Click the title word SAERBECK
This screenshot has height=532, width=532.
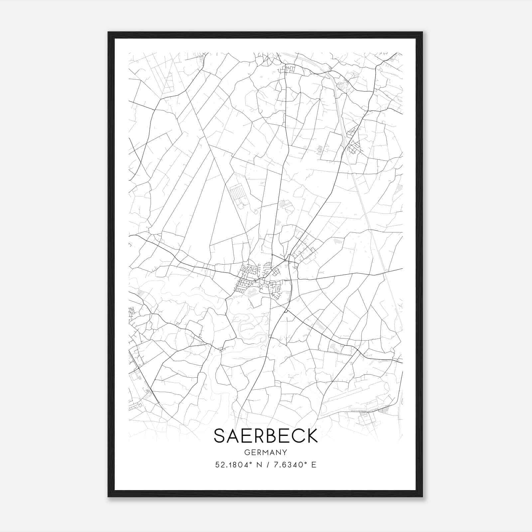[x=266, y=436]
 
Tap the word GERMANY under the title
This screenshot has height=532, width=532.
[x=266, y=452]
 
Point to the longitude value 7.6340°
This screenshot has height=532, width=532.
[x=290, y=465]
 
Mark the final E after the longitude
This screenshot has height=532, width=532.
[x=314, y=465]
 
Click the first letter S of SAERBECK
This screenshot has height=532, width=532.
[x=220, y=436]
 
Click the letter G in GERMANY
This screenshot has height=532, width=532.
[x=247, y=452]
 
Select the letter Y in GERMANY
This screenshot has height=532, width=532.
[x=285, y=452]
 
